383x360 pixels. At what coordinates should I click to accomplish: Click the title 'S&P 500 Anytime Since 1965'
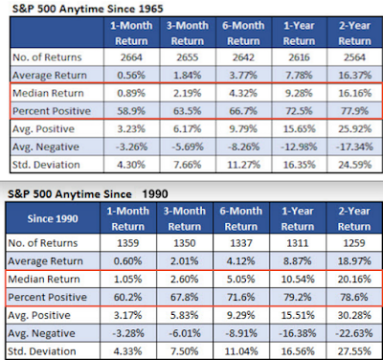[88, 9]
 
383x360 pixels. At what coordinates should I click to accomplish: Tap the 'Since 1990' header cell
[53, 218]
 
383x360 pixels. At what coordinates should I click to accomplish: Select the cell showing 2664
[131, 57]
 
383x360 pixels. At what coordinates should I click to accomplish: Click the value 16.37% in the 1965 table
[355, 76]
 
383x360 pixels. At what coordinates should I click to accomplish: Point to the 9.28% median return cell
[299, 93]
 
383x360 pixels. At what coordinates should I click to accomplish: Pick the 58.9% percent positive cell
[131, 111]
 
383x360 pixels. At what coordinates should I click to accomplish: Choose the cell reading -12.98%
[299, 146]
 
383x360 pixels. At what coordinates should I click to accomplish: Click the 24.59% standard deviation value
[355, 165]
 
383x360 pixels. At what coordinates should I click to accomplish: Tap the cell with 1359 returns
[127, 243]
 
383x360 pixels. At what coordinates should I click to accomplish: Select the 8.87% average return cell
[298, 261]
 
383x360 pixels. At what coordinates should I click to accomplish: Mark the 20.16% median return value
[354, 280]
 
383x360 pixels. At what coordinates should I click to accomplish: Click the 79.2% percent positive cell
[298, 297]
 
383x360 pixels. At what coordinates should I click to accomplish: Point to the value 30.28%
[354, 315]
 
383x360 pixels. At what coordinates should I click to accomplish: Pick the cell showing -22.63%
[354, 333]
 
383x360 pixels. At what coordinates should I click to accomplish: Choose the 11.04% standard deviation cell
[241, 351]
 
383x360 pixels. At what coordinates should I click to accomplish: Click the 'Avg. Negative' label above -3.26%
[46, 146]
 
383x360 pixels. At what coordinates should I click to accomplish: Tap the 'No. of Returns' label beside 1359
[43, 243]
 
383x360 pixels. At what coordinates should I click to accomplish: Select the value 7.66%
[188, 165]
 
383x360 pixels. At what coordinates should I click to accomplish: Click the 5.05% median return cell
[241, 280]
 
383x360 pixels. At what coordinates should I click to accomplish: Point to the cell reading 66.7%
[243, 111]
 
